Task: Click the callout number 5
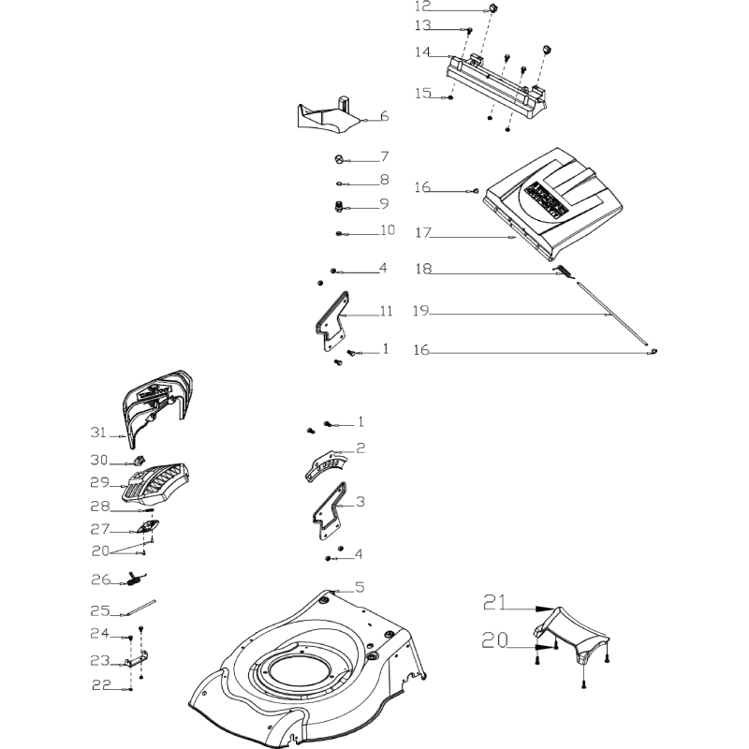click(359, 589)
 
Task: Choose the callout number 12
click(423, 7)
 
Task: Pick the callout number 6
click(384, 117)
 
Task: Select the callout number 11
click(386, 310)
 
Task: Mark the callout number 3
click(360, 502)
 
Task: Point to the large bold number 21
click(496, 604)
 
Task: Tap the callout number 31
click(99, 433)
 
